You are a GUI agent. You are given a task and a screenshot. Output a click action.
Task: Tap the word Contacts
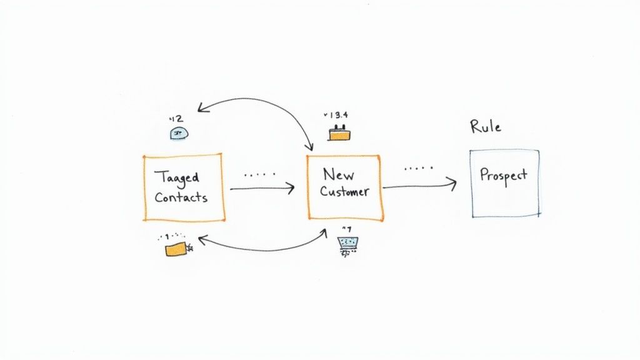tap(181, 197)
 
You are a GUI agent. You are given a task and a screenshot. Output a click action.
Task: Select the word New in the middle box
tap(338, 174)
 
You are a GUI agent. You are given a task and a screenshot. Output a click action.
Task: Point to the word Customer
tap(344, 191)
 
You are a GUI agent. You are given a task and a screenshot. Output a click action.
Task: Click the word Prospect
tap(503, 175)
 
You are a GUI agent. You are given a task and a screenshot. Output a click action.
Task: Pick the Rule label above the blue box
tap(486, 126)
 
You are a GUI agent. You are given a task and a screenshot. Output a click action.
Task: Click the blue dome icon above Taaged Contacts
tap(179, 132)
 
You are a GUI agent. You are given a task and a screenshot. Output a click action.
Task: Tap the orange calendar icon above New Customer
tap(338, 132)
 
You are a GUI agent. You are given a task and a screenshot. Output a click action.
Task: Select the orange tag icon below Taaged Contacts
tap(176, 249)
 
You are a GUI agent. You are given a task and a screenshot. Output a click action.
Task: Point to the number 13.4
tap(338, 116)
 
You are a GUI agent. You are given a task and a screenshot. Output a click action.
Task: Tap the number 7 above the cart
tap(345, 228)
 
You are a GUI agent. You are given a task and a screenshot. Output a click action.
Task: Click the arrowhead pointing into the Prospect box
tap(454, 182)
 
